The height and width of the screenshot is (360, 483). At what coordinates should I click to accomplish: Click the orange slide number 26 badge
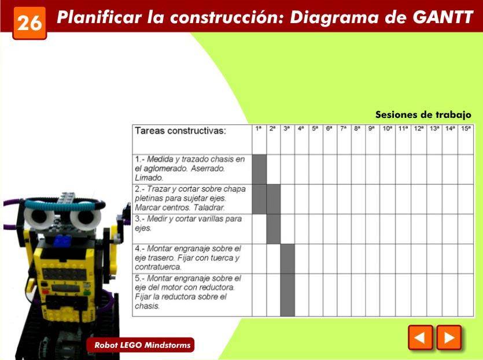coord(30,23)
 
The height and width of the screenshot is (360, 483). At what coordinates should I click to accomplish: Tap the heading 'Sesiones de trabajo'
coord(423,115)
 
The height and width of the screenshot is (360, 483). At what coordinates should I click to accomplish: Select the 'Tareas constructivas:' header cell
coord(192,139)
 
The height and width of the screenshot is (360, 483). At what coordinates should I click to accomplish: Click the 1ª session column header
coord(259,139)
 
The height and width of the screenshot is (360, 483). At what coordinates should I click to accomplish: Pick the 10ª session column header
coord(388,139)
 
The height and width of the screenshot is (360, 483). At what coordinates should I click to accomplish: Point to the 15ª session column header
coord(466,139)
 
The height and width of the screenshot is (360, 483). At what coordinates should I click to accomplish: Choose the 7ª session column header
coord(344,139)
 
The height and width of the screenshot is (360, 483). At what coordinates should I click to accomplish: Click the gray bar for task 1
coord(259,169)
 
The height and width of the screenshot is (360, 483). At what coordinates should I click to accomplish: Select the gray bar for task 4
coord(287,259)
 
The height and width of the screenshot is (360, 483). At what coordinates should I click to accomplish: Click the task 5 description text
coord(188,292)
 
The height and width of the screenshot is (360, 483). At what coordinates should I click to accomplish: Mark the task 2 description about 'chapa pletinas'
coord(190,198)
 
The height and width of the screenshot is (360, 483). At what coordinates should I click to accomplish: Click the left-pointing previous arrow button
coord(421,337)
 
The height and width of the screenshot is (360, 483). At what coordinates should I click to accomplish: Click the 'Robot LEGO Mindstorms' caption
coord(142,345)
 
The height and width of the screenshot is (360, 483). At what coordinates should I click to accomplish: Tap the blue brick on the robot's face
coord(62,240)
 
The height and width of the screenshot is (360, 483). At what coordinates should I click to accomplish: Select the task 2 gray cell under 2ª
coord(274,199)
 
